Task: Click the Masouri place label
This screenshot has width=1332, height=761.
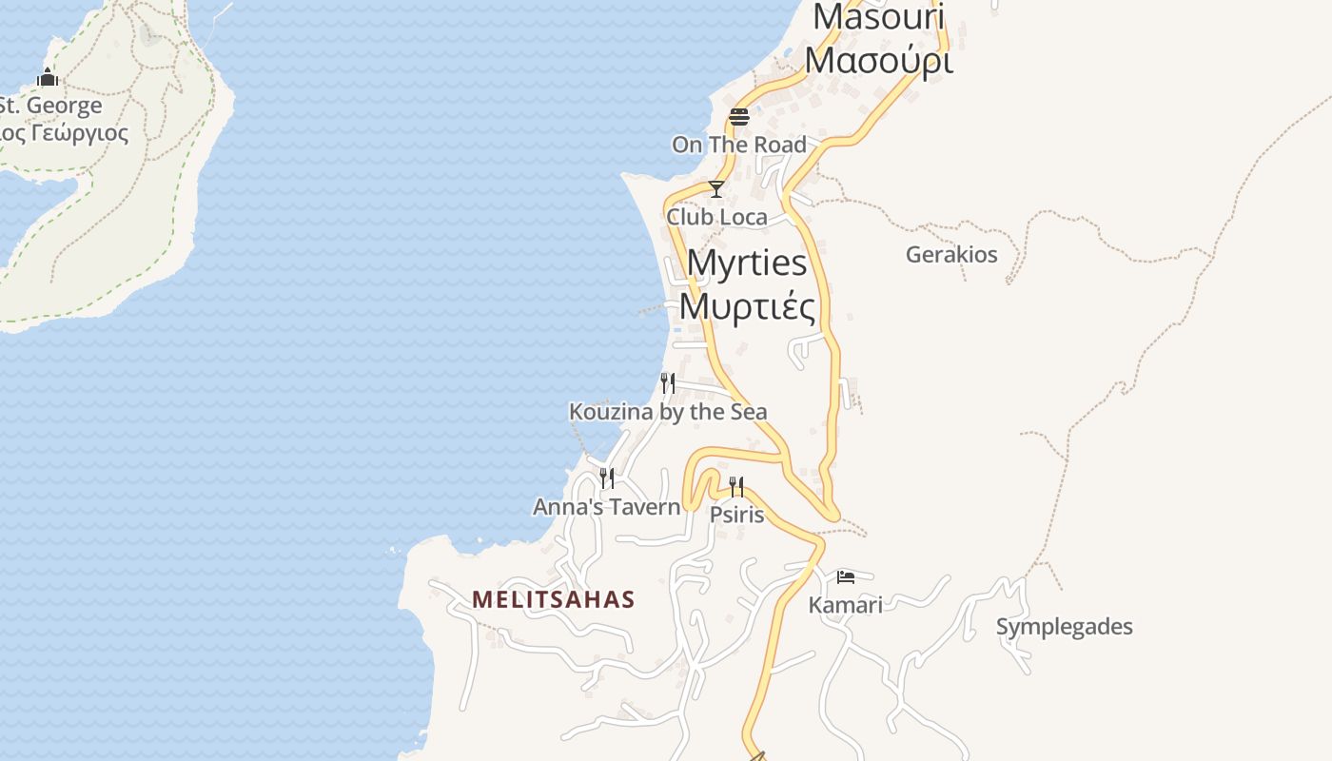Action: pyautogui.click(x=878, y=17)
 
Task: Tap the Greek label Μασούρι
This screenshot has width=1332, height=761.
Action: pyautogui.click(x=878, y=59)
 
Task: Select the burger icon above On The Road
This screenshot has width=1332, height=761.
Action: pyautogui.click(x=739, y=117)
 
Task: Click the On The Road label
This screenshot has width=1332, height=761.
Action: pyautogui.click(x=739, y=145)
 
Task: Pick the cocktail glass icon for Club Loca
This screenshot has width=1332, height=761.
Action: pyautogui.click(x=716, y=189)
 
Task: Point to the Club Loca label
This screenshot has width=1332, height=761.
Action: pyautogui.click(x=716, y=217)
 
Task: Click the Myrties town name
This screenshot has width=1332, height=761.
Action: pyautogui.click(x=747, y=263)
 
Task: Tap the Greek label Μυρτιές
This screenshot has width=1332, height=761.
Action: pyautogui.click(x=747, y=306)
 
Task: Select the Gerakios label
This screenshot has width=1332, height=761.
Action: pyautogui.click(x=951, y=255)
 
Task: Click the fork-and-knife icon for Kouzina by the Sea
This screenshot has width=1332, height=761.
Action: pyautogui.click(x=668, y=383)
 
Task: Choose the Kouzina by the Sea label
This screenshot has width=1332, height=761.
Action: pyautogui.click(x=668, y=412)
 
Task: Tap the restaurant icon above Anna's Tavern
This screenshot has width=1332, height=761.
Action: pyautogui.click(x=607, y=478)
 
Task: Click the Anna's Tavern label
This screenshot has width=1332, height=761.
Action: pyautogui.click(x=607, y=507)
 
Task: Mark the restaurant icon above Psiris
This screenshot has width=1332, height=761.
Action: pyautogui.click(x=736, y=487)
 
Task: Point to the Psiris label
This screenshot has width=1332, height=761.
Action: pyautogui.click(x=737, y=515)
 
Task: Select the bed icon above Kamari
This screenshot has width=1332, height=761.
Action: pyautogui.click(x=846, y=576)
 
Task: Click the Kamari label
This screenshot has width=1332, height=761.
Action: pyautogui.click(x=846, y=605)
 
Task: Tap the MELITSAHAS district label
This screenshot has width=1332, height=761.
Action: pyautogui.click(x=554, y=599)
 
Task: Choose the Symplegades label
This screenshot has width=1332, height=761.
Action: pyautogui.click(x=1065, y=627)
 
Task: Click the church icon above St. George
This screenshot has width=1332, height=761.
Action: pyautogui.click(x=48, y=77)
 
